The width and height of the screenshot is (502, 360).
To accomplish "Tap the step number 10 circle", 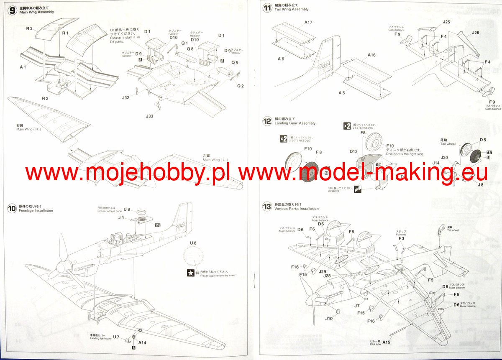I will pyautogui.click(x=12, y=208).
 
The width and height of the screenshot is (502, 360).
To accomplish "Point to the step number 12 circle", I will pyautogui.click(x=267, y=121).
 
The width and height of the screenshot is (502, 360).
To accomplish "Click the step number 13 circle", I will pyautogui.click(x=267, y=206).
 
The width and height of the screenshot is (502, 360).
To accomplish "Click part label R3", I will pyautogui.click(x=29, y=28).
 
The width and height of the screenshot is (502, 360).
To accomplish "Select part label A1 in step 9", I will pyautogui.click(x=23, y=67).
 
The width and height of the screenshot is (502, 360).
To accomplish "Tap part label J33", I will pyautogui.click(x=150, y=116).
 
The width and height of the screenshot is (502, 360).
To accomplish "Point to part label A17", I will pyautogui.click(x=308, y=22).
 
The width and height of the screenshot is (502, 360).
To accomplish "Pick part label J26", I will pyautogui.click(x=475, y=33).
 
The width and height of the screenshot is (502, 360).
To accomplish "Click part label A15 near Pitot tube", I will pyautogui.click(x=386, y=342).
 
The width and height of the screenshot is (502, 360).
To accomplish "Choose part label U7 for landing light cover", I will pyautogui.click(x=116, y=337).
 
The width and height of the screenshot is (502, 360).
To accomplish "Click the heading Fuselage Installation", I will pyautogui.click(x=36, y=211).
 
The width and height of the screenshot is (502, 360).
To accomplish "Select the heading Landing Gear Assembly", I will pyautogui.click(x=295, y=123).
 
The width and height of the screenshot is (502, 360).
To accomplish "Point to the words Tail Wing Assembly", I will pyautogui.click(x=292, y=9).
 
